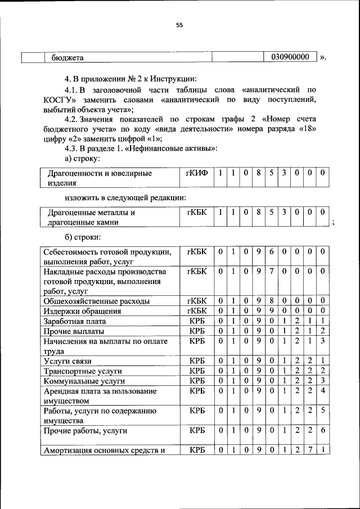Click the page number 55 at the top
pyautogui.click(x=179, y=25)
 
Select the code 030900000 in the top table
pyautogui.click(x=290, y=57)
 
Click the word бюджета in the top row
pyautogui.click(x=67, y=57)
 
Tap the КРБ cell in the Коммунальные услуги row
pyautogui.click(x=196, y=381)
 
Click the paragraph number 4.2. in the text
pyautogui.click(x=73, y=134)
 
